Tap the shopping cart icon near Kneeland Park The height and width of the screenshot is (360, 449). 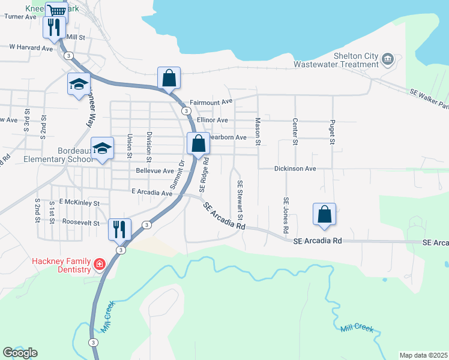[x=56, y=11]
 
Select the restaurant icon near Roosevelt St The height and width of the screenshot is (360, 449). [x=119, y=228]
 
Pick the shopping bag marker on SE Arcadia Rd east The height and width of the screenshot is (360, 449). [x=324, y=213]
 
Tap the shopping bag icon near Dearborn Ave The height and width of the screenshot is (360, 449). [x=198, y=143]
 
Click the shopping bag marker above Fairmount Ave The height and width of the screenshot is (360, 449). [x=169, y=77]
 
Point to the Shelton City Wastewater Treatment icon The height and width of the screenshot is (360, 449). [x=387, y=58]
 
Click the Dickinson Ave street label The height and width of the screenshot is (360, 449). [x=295, y=169]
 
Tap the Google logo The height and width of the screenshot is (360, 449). [x=20, y=353]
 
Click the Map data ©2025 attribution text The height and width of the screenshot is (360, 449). [x=424, y=355]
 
